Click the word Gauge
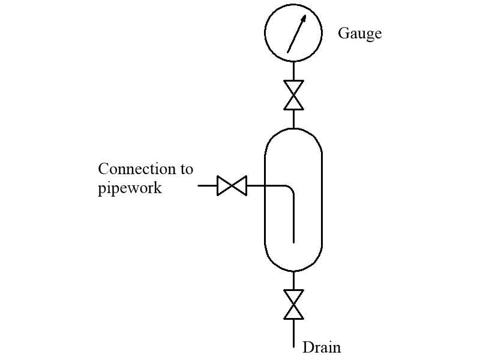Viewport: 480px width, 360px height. click(359, 34)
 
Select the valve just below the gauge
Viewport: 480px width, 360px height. click(293, 95)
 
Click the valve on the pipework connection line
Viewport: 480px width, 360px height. click(232, 185)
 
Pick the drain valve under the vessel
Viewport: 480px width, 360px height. click(293, 305)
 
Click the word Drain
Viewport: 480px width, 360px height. click(322, 347)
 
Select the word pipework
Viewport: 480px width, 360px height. click(130, 188)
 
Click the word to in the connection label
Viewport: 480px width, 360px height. click(187, 169)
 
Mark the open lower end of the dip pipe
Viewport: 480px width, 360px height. click(293, 242)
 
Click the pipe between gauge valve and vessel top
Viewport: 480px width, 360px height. click(293, 119)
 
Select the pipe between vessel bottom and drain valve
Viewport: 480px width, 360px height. click(293, 281)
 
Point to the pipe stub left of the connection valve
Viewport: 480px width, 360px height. click(208, 185)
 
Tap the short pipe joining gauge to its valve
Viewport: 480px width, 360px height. click(293, 70)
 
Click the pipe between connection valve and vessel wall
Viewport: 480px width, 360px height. click(256, 185)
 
